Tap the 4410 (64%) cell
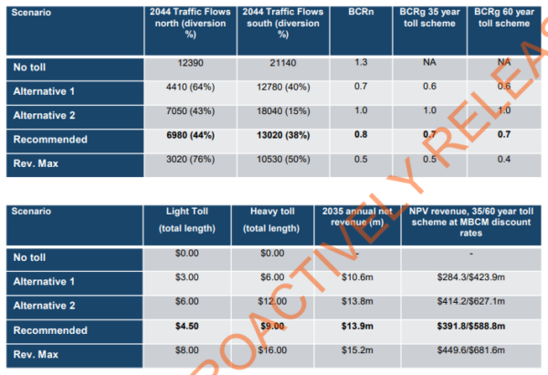(x=185, y=93)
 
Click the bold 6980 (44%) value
(x=185, y=140)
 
